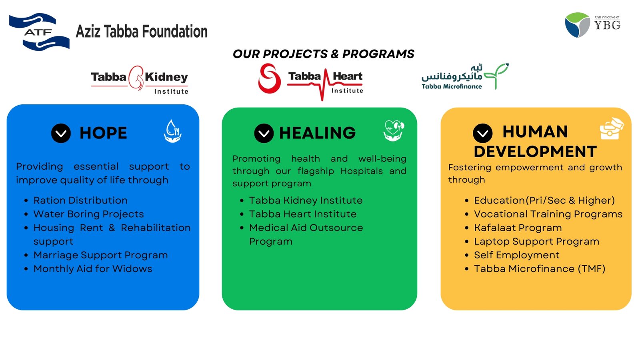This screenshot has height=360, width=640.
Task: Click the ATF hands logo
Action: (39, 32)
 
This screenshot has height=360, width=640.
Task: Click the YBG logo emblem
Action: (577, 25)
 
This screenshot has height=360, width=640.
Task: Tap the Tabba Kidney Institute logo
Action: (139, 79)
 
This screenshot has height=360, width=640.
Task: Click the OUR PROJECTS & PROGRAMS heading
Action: (323, 54)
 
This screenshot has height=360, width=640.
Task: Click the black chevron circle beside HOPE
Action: (61, 133)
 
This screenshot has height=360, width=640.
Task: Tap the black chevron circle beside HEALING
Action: (264, 133)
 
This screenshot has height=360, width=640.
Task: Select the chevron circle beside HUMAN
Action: (483, 133)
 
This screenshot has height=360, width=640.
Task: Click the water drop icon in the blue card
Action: (173, 131)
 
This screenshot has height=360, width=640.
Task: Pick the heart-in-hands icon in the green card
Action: (394, 130)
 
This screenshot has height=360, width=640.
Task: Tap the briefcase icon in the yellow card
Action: (611, 129)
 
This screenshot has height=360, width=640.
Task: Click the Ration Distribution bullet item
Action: (80, 200)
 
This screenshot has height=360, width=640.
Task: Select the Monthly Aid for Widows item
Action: (93, 269)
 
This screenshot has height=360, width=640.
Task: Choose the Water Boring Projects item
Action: (88, 214)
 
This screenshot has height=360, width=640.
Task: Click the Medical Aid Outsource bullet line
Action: (306, 228)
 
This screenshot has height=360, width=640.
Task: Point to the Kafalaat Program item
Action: (518, 228)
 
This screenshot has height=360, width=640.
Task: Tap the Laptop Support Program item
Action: (536, 242)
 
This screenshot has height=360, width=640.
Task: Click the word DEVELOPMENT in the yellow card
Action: (535, 152)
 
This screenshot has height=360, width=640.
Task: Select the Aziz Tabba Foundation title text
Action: (142, 32)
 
